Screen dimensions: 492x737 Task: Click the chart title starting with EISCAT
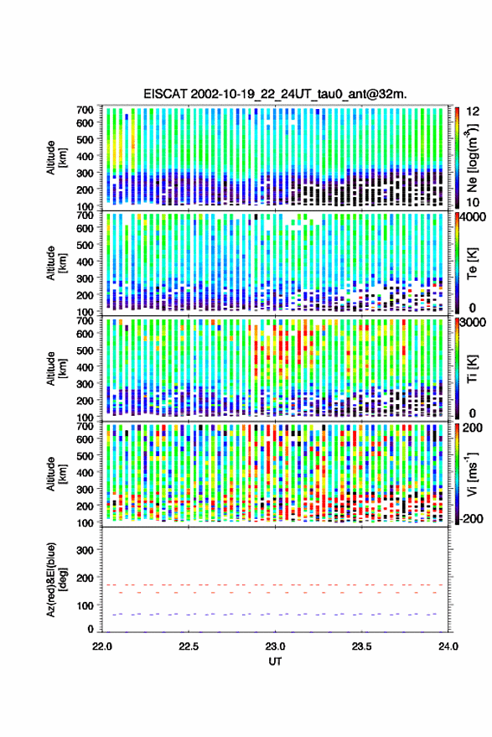(275, 94)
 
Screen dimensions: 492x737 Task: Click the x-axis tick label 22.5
(189, 646)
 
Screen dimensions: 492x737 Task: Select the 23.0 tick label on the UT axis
(275, 646)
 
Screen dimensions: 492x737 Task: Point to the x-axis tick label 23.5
(361, 646)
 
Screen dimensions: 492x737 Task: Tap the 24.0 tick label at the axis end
(448, 646)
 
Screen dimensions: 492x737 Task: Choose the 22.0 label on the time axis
(102, 646)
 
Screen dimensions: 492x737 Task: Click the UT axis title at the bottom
(275, 662)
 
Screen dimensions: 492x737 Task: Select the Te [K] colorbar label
(472, 263)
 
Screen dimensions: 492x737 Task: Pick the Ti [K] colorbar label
(472, 369)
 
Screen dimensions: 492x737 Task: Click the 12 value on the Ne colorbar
(474, 112)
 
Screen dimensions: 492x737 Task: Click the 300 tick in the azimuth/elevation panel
(85, 550)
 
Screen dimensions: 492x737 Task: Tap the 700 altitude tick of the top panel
(85, 110)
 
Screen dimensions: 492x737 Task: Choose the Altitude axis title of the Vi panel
(55, 475)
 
